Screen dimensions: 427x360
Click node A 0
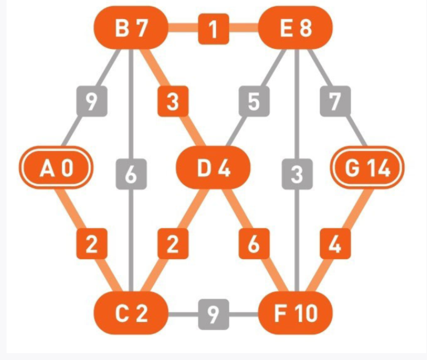(56, 168)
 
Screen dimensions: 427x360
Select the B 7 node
(131, 29)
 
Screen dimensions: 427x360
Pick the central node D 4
(214, 168)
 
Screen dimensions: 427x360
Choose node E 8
(296, 29)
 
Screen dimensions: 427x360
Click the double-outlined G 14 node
(368, 168)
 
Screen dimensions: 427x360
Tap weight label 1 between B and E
(214, 29)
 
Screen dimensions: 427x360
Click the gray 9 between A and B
(92, 101)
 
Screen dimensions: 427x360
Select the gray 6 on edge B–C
(131, 175)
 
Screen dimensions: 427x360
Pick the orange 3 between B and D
(172, 101)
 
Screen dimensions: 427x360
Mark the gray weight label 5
(254, 101)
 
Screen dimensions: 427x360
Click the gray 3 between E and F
(296, 175)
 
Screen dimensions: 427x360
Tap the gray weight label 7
(335, 101)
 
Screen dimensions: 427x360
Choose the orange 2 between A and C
(92, 243)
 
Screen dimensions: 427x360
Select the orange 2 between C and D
(172, 243)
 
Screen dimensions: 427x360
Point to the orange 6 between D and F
(254, 243)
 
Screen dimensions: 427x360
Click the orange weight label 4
(335, 243)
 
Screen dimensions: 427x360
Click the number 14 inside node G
(378, 168)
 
